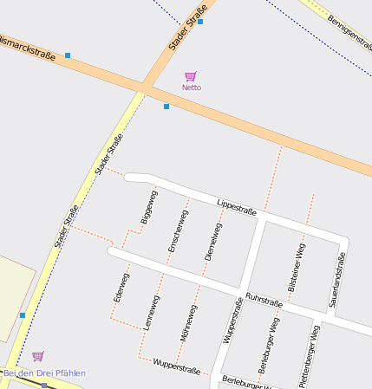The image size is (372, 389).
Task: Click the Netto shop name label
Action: click(192, 88)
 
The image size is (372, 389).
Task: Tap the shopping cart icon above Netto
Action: click(191, 76)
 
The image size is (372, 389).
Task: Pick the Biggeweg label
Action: click(149, 208)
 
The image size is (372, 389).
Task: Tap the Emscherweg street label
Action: click(177, 231)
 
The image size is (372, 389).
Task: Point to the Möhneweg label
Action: click(188, 322)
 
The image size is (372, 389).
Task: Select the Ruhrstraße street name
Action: click(264, 300)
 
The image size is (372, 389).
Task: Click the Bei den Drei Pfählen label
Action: click(44, 373)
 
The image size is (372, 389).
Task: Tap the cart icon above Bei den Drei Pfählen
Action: click(38, 356)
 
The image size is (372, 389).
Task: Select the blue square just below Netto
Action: click(166, 107)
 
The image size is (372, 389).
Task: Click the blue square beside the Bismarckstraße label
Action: click(68, 55)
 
